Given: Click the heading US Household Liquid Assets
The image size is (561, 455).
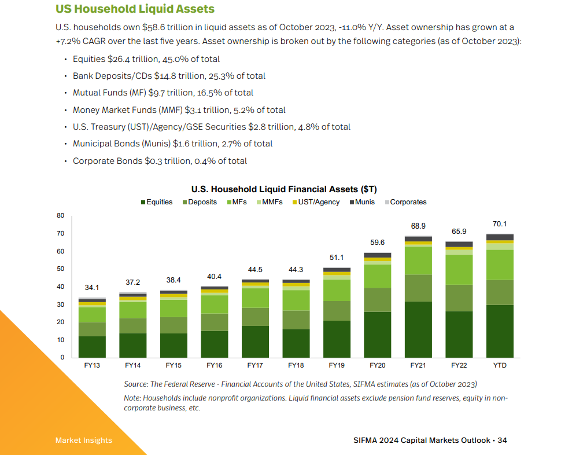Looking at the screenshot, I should tap(135, 9).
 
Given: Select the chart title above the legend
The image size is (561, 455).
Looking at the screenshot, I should tap(284, 189).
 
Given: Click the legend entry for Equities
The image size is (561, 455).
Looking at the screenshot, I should tap(157, 202).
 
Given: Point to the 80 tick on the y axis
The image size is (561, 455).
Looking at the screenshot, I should tap(61, 216).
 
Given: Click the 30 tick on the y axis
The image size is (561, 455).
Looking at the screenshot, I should tap(61, 304).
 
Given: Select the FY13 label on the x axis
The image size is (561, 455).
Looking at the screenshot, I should tap(93, 366).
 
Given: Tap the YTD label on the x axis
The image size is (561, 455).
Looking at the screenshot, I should tap(500, 366).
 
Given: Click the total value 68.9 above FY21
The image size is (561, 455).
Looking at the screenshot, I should tap(418, 226).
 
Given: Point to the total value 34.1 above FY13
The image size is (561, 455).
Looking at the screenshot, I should tap(92, 288).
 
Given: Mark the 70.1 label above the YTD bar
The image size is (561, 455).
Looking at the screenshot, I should tap(500, 223).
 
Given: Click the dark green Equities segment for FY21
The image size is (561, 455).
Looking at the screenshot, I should tap(418, 329).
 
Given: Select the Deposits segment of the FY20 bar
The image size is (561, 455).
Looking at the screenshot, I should tap(378, 300).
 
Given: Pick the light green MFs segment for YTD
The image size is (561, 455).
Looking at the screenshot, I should tap(500, 265).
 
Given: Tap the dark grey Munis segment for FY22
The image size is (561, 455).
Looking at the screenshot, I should tap(459, 244).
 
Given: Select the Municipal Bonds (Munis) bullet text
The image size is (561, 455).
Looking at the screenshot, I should tap(172, 144).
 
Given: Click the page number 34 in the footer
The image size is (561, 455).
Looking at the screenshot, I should tap(502, 441).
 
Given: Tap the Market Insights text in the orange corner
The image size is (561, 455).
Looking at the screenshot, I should tap(84, 441).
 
